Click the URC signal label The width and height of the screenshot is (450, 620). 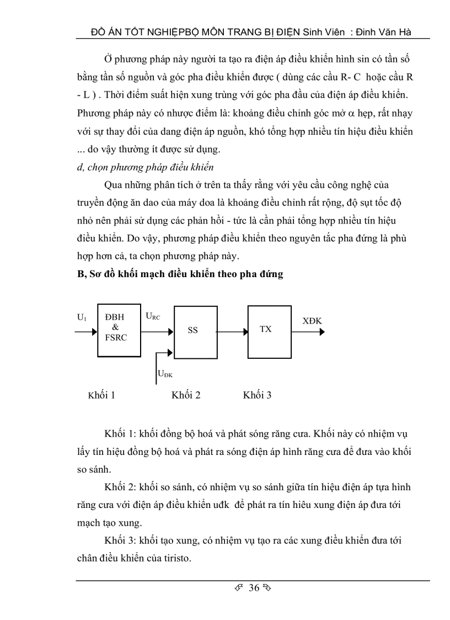(x=153, y=316)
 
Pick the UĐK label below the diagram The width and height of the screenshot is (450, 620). (x=165, y=374)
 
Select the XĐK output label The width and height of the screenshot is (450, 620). (x=313, y=320)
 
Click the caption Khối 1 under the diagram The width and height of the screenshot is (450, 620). (x=101, y=395)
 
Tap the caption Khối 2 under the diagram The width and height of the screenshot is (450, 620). (x=186, y=395)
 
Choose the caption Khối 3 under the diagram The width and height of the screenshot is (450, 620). (x=257, y=395)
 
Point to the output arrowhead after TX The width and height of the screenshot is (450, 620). (x=322, y=332)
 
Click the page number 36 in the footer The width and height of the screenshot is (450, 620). (x=254, y=587)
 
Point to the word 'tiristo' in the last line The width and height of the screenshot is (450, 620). (x=174, y=558)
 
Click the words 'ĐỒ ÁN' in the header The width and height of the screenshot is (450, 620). (x=106, y=32)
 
